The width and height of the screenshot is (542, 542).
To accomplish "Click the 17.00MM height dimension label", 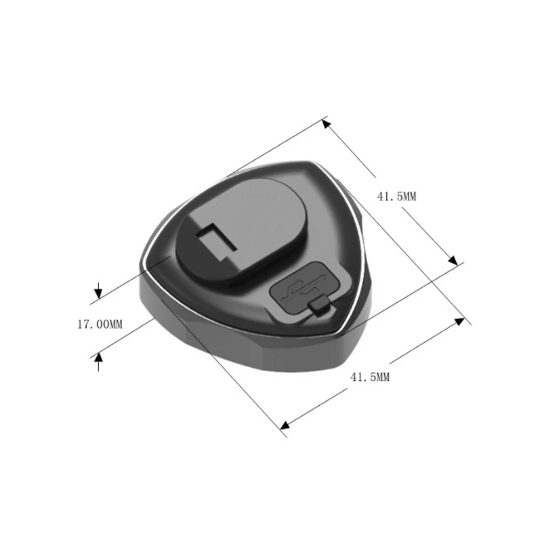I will point(100,325).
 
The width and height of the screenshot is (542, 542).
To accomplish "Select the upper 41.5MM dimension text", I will point(396,196).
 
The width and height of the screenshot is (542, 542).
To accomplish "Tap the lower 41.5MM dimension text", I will point(369,377).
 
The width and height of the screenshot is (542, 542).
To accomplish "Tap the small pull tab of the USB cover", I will point(320,309).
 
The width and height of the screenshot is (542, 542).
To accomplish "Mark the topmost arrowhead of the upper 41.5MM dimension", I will point(326,123).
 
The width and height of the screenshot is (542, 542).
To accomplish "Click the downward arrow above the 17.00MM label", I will point(98,293).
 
